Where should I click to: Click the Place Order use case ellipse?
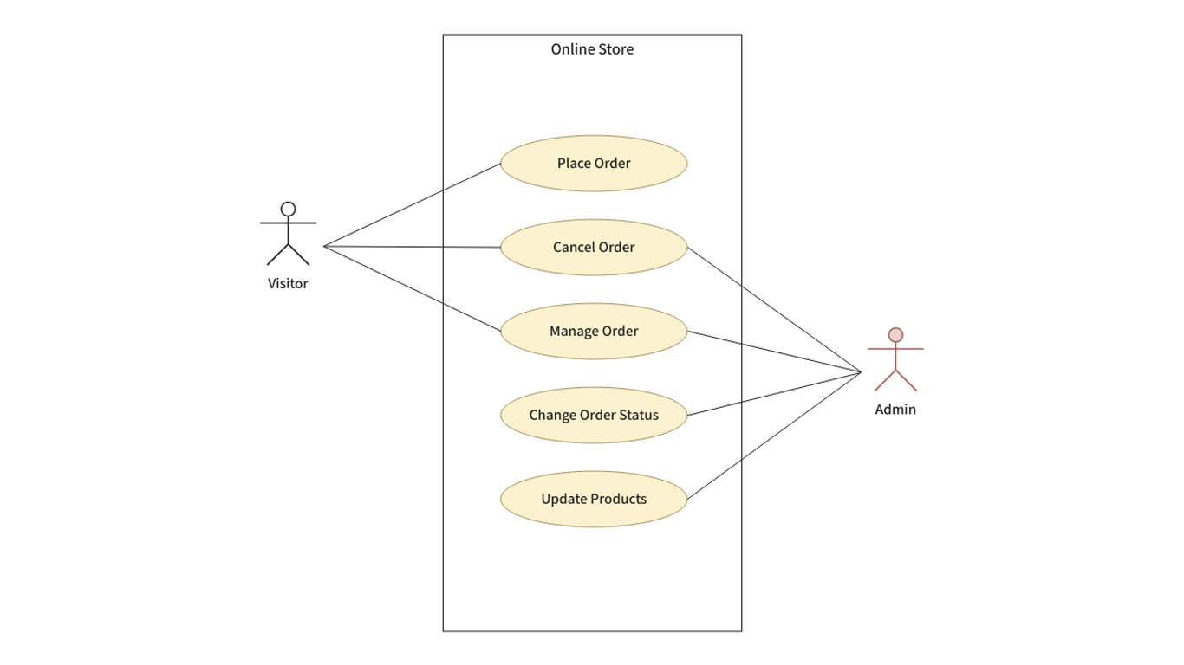594,163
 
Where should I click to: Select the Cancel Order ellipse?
594,247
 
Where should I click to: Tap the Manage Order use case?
594,331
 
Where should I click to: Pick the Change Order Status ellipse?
594,415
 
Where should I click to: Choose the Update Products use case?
594,499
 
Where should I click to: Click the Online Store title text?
592,49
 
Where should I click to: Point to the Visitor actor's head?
288,209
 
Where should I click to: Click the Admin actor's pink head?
895,334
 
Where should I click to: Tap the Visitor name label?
288,283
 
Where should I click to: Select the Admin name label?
895,410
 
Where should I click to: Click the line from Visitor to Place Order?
412,204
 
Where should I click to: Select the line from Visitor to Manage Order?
412,288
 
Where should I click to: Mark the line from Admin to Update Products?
774,436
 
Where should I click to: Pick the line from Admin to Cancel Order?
774,310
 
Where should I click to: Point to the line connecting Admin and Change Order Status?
774,394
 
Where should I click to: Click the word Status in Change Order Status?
638,415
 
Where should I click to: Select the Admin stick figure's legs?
895,380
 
